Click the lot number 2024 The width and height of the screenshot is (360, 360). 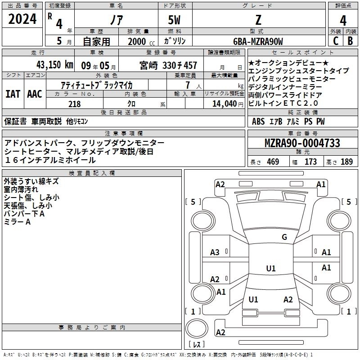[22, 19]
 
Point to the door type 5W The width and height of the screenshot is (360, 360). [175, 20]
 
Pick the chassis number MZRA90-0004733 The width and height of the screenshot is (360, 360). [302, 143]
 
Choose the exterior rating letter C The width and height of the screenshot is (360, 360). [335, 41]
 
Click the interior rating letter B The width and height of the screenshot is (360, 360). [350, 41]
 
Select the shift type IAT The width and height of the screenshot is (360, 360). [13, 94]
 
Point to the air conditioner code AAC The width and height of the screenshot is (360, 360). [34, 94]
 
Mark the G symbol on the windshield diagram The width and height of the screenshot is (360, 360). [284, 237]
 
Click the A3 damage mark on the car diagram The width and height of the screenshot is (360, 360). [215, 252]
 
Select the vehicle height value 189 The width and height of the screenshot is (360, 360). [347, 162]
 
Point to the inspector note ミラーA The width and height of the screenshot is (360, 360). [17, 222]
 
